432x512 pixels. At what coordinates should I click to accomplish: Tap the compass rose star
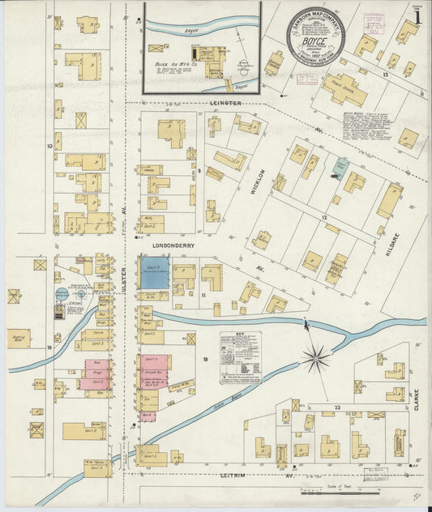(316, 355)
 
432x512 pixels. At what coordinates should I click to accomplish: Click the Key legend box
(241, 357)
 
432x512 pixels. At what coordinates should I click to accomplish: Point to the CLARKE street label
(417, 399)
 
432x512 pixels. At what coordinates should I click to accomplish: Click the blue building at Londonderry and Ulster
(154, 273)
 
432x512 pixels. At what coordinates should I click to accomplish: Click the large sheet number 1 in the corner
(417, 15)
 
